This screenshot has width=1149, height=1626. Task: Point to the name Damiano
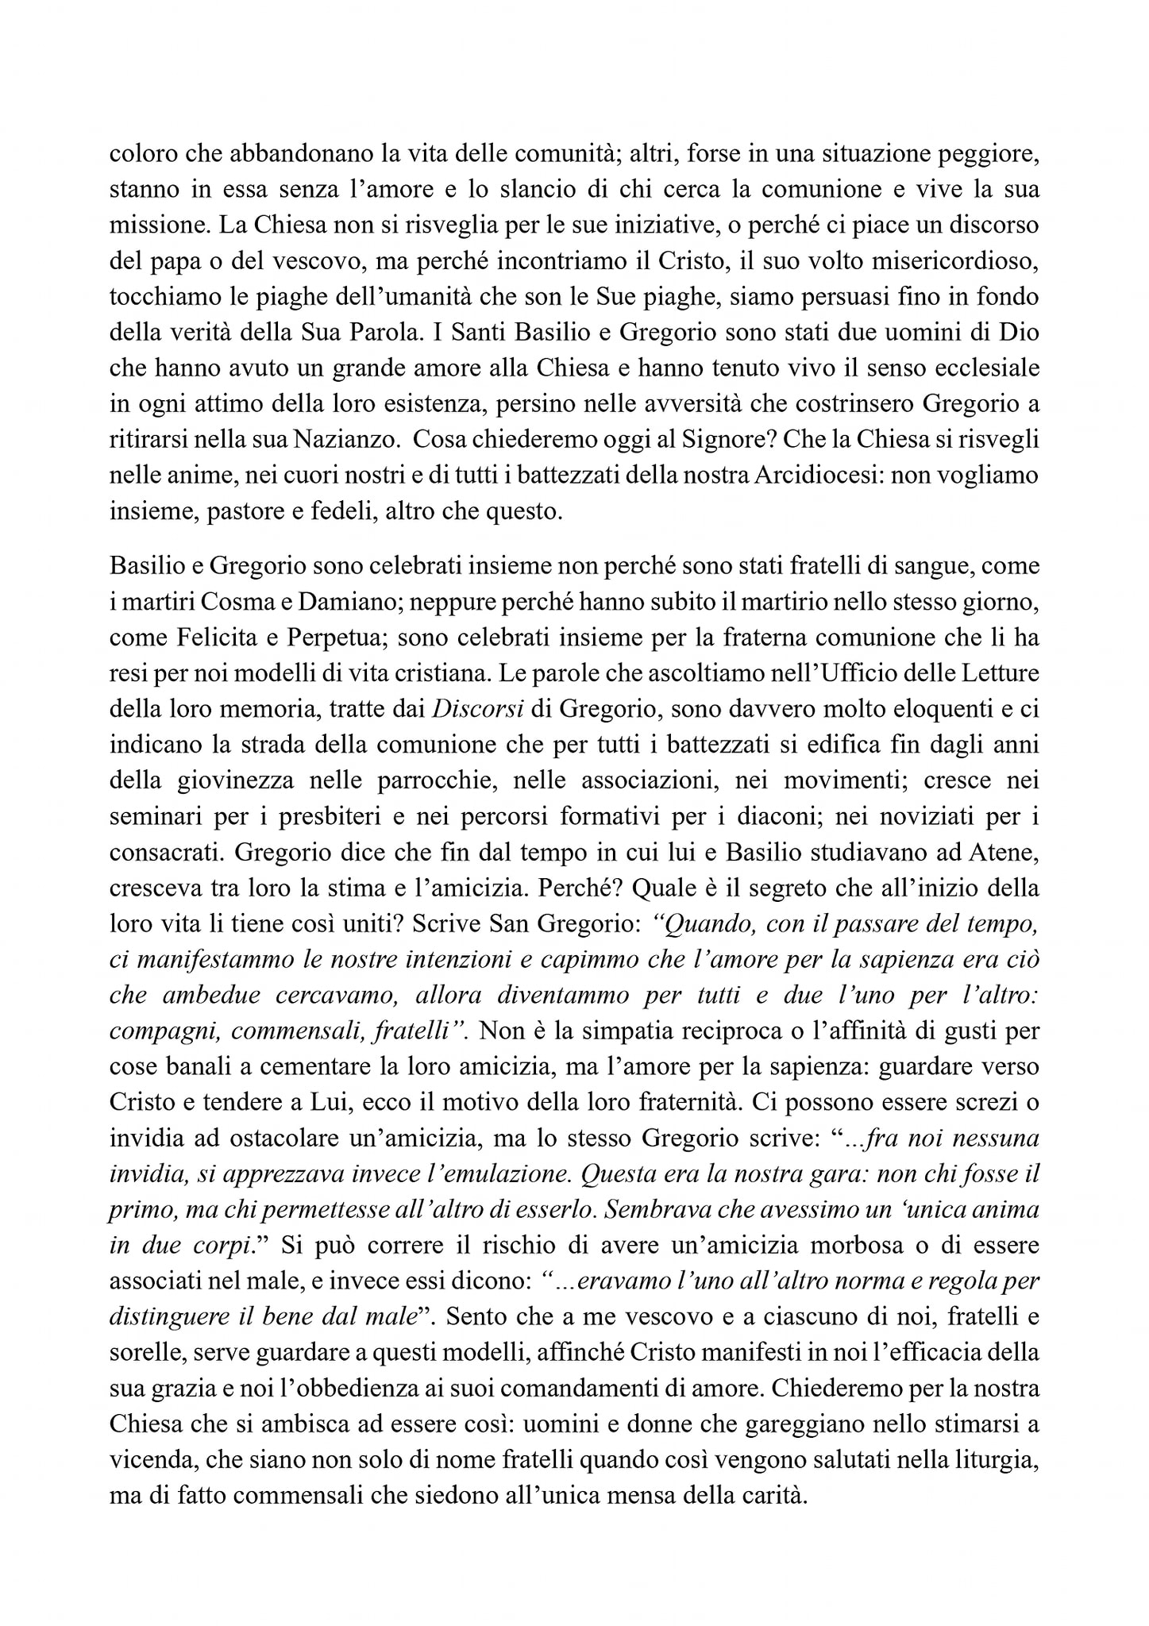[340, 603]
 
